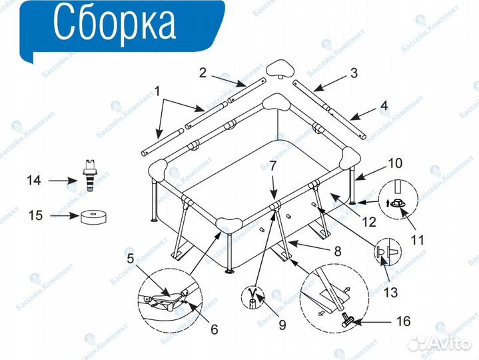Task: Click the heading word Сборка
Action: click(113, 23)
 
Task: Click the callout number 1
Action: click(157, 91)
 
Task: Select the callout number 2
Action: click(203, 73)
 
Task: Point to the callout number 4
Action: click(384, 105)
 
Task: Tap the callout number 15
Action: click(35, 215)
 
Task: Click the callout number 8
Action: click(338, 252)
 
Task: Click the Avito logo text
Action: click(448, 343)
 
